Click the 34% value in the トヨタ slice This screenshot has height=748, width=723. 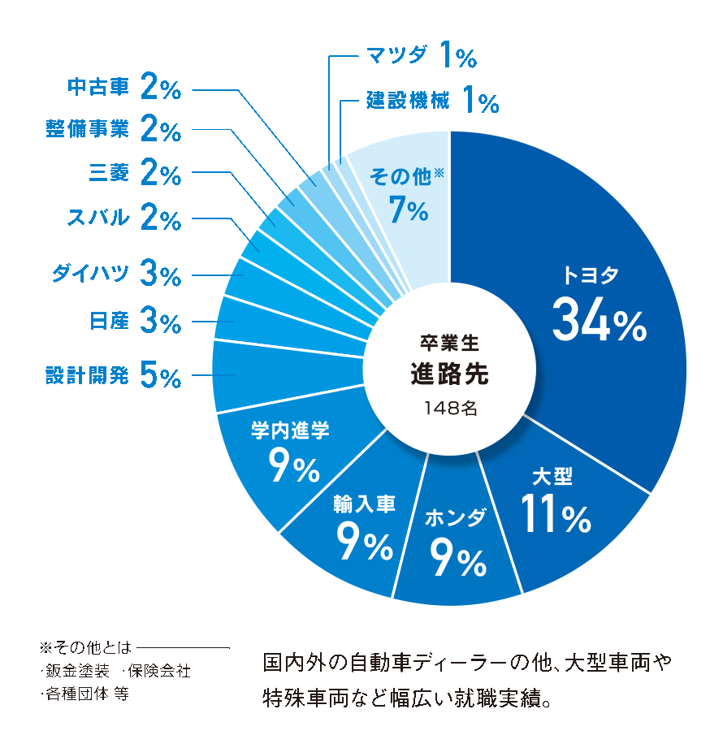(599, 322)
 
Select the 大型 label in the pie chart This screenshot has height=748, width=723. (552, 476)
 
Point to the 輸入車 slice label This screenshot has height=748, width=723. (364, 505)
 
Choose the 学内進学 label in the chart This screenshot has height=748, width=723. (290, 430)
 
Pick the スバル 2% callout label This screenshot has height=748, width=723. (123, 218)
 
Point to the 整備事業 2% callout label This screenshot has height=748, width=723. (113, 128)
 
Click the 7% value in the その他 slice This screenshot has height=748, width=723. (408, 211)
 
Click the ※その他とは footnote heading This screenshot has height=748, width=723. (84, 648)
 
